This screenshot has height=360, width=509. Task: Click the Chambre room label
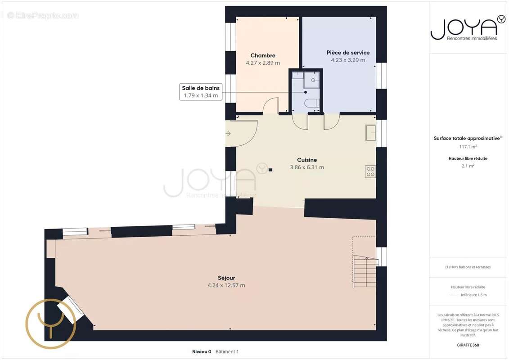coord(263,55)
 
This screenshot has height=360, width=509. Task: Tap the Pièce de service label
coord(348,53)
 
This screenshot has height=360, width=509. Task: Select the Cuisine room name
coord(307,160)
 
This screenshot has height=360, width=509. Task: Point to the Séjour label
coord(226,278)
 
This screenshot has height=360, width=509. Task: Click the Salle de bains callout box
coord(201,91)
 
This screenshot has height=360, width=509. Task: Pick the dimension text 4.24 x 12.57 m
coord(226,285)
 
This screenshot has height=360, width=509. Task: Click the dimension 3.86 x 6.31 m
coord(307,167)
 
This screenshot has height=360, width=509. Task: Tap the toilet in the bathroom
coord(311,103)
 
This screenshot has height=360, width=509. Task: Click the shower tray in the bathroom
coord(311,80)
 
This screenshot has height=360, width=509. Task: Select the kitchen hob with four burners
coord(370,171)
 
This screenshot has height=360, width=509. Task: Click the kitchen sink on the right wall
coord(371,133)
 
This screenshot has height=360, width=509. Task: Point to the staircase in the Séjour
coord(365,271)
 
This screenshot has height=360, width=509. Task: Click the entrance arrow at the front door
coord(228,133)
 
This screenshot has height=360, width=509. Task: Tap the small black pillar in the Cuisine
coord(270,170)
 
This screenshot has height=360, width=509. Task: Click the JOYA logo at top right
coord(468,28)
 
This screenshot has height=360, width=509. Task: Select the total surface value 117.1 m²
coord(468,147)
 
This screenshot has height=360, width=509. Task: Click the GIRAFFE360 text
coord(468,345)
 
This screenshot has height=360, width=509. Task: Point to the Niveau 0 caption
coord(202,351)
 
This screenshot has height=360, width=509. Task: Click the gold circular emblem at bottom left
coord(51,324)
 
